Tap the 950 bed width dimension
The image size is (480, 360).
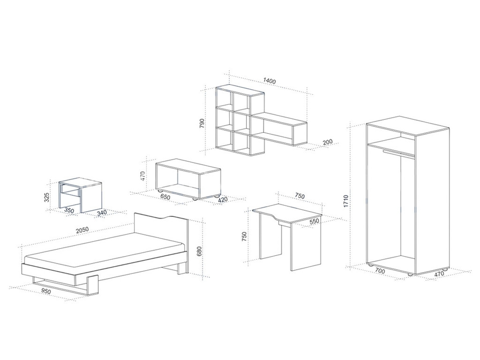point(46,291)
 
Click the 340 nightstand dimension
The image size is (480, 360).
point(102,212)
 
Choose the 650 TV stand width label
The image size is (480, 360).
point(165,197)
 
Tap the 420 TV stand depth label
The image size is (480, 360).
point(223,199)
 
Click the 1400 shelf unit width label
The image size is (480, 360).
point(269,81)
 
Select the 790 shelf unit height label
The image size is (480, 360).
point(202,123)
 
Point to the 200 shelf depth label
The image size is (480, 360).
point(327,142)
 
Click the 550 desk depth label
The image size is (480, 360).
point(314,221)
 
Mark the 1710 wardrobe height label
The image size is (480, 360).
point(346,201)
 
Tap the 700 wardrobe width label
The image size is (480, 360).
point(380,270)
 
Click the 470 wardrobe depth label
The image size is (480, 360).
point(439,274)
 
